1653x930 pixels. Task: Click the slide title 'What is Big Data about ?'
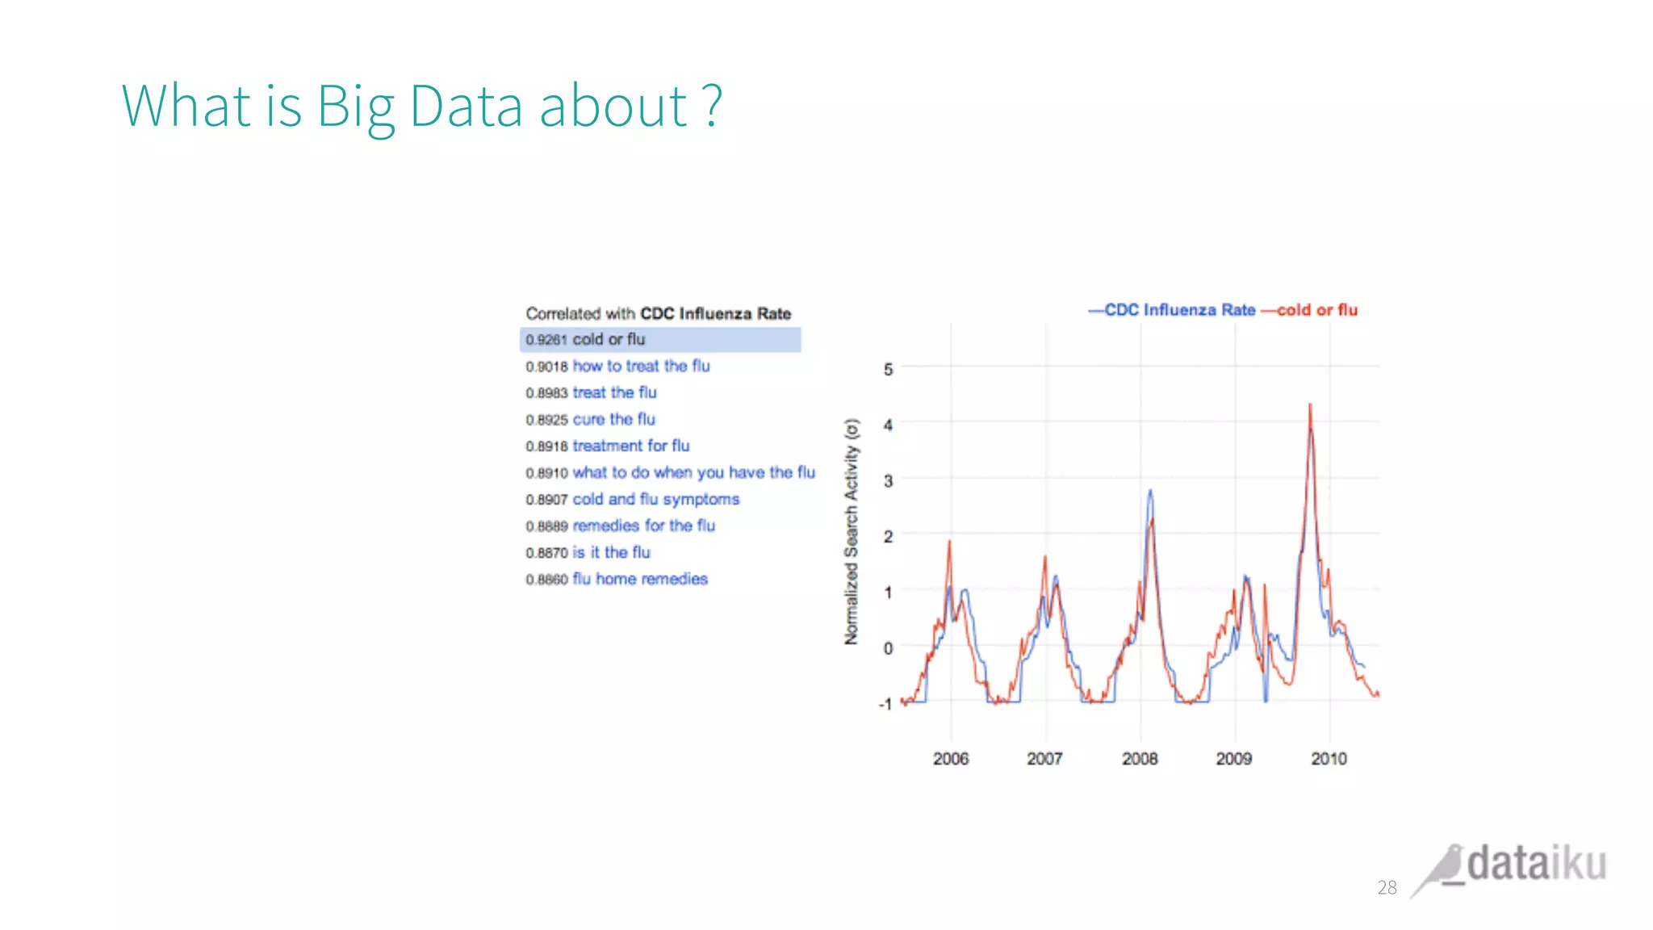coord(421,106)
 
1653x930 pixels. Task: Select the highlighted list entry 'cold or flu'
coord(609,340)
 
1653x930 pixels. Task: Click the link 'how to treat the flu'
coord(641,367)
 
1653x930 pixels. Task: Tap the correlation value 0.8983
coord(546,393)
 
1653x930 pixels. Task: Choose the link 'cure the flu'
coord(613,420)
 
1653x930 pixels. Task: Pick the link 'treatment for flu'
coord(630,446)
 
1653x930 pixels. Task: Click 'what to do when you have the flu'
coord(693,473)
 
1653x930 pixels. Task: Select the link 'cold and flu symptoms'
coord(655,500)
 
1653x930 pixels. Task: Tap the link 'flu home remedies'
coord(639,580)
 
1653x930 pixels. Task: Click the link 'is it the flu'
coord(611,553)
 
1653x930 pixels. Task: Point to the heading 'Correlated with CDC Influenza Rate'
coord(658,313)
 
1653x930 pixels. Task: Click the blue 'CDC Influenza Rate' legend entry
coord(1179,310)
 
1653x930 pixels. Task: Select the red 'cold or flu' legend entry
coord(1316,310)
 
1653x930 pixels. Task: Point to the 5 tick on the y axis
coord(888,370)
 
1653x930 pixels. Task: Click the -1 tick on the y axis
coord(885,704)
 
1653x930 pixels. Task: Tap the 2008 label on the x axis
coord(1139,759)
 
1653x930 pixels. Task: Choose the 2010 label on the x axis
coord(1329,759)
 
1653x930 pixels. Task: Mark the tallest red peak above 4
coord(1309,406)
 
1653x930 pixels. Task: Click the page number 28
coord(1387,888)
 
